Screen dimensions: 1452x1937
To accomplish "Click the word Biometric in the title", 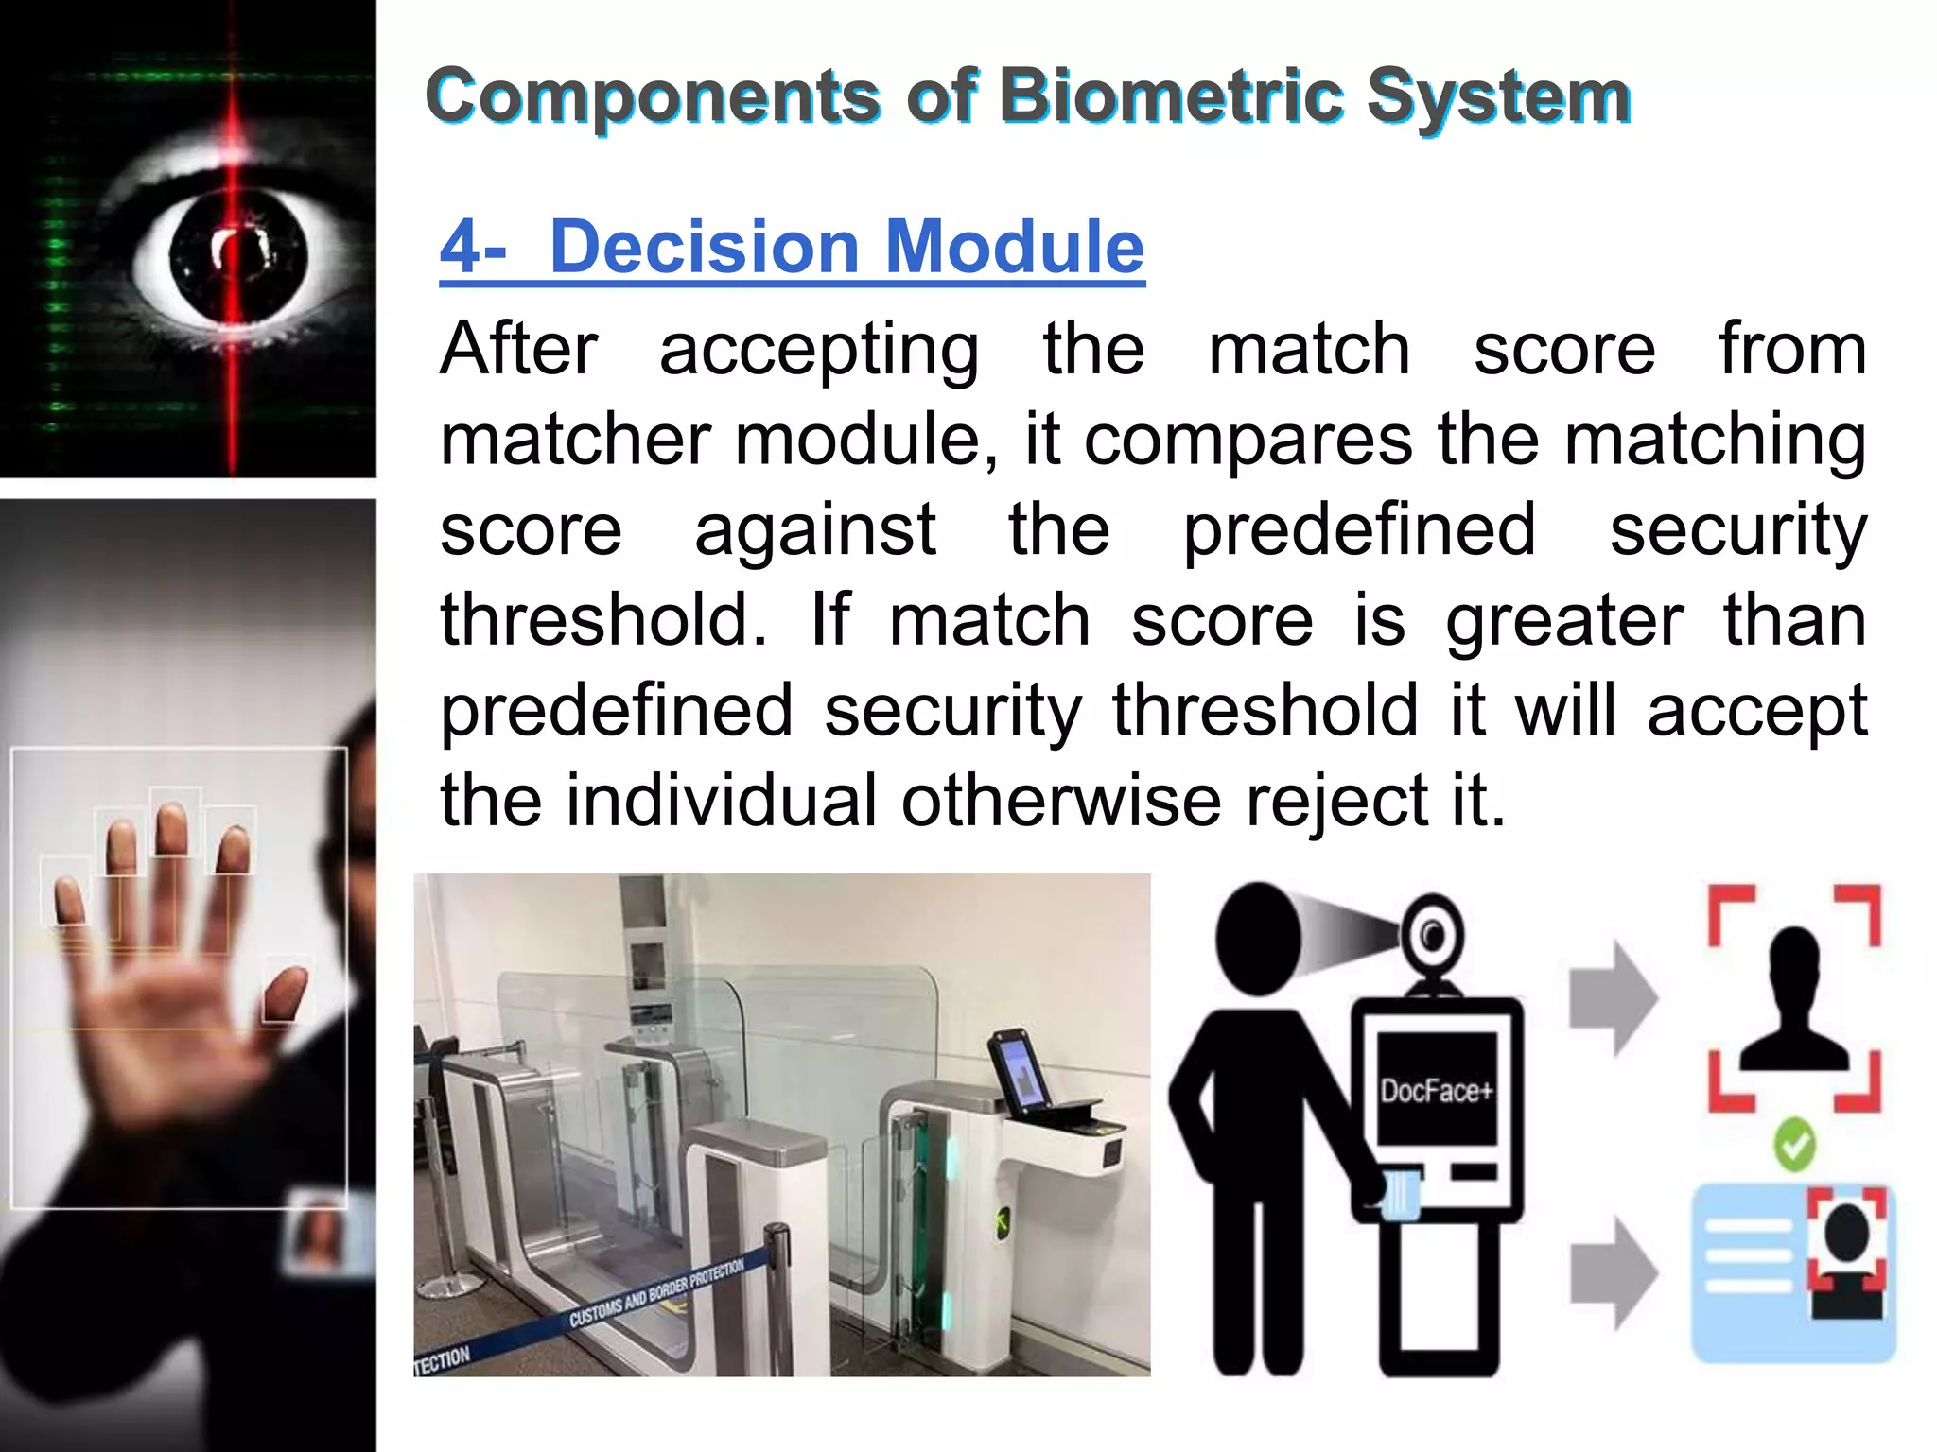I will (x=1170, y=96).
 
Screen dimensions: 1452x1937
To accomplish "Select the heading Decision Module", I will (x=793, y=247).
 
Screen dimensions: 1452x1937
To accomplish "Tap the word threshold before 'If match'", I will (x=603, y=621).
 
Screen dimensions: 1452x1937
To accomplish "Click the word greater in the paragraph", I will (x=1564, y=621).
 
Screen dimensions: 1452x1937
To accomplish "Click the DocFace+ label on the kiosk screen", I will (x=1436, y=1091).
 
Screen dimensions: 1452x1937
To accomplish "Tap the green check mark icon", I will (x=1794, y=1145).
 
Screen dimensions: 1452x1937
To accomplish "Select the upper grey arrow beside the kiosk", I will (x=1614, y=997).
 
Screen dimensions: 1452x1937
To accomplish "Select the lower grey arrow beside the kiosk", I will (x=1614, y=1272).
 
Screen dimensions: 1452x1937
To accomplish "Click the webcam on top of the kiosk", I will (x=1434, y=936).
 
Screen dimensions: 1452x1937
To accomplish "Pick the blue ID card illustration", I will (x=1793, y=1271).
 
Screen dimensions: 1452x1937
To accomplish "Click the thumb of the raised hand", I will (x=287, y=993).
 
